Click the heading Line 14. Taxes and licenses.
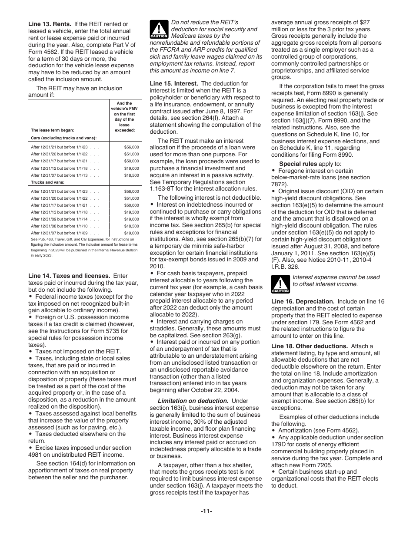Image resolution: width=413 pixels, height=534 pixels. click(69, 276)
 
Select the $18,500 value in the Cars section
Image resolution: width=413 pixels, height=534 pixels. click(131, 175)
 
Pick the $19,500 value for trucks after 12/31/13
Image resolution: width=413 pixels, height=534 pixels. click(131, 212)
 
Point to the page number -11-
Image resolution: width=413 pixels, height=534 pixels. click(206, 511)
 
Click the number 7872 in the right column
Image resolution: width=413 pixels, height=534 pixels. click(278, 184)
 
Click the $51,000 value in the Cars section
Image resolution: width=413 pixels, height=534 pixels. click(131, 154)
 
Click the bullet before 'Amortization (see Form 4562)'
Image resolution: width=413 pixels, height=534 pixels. click(274, 431)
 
